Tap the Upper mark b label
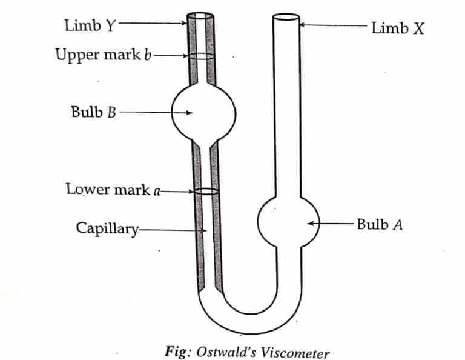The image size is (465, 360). (x=103, y=55)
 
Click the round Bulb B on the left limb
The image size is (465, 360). (x=203, y=113)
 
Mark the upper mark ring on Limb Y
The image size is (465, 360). (x=201, y=56)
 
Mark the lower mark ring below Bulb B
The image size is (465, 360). (x=206, y=192)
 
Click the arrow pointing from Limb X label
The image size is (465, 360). (x=333, y=25)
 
